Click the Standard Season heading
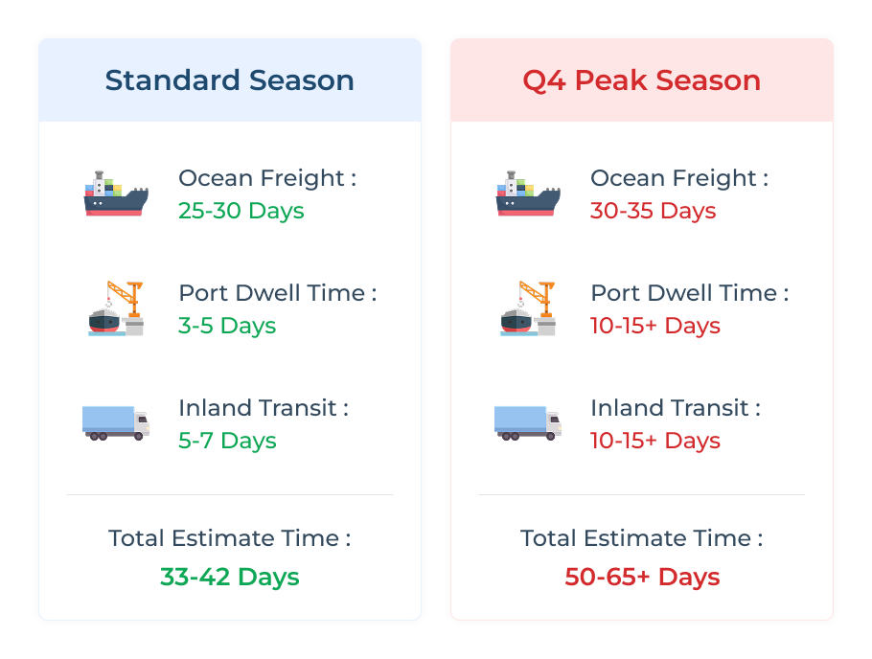[230, 80]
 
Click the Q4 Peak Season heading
[642, 80]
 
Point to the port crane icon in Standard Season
[116, 308]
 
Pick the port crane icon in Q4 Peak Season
[528, 308]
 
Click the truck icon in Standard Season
[116, 423]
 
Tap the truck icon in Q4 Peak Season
[528, 423]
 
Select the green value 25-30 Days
[241, 211]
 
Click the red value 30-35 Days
[654, 211]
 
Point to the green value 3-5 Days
[227, 326]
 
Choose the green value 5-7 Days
[227, 441]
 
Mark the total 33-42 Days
[230, 577]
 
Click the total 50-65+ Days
[642, 577]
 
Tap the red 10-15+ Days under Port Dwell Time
[655, 326]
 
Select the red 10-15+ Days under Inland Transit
[655, 441]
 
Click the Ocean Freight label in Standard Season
[267, 178]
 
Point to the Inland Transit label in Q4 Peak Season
[676, 408]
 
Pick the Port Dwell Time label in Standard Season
[278, 293]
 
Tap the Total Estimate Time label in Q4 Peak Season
[642, 538]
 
